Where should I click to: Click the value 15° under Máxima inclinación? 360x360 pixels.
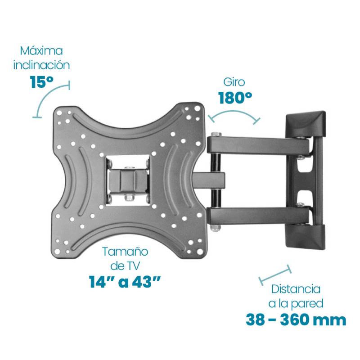[41, 82]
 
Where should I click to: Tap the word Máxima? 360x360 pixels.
[41, 51]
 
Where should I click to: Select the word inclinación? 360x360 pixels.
[41, 65]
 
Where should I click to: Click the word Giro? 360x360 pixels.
[234, 82]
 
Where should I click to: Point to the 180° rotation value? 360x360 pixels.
[235, 98]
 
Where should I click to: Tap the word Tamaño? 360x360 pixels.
[125, 252]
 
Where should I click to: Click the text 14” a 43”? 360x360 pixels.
[125, 282]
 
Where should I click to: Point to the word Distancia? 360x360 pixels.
[296, 289]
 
